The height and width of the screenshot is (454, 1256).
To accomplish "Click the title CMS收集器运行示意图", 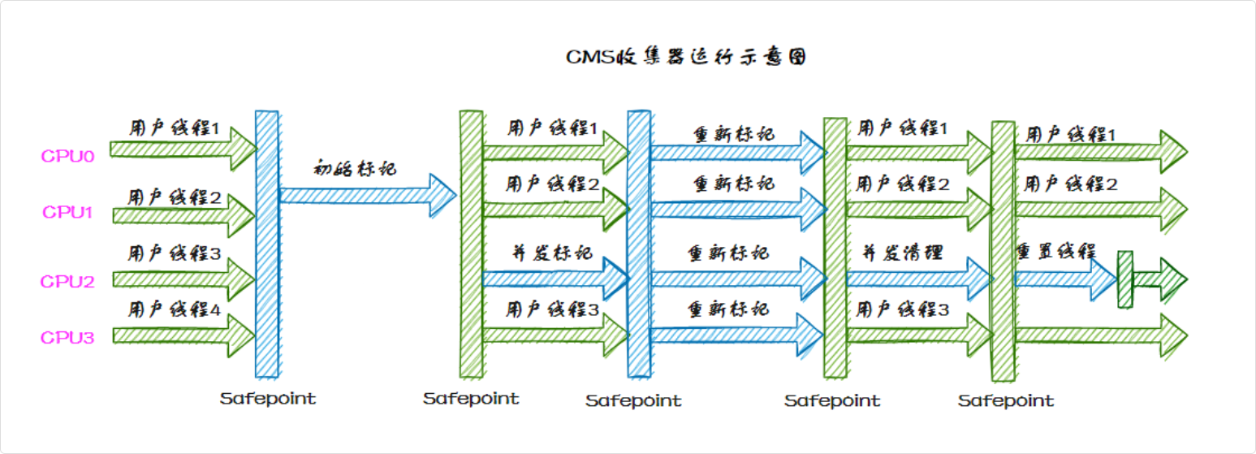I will click(x=686, y=58).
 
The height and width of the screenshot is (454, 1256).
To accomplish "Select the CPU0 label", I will click(x=68, y=155).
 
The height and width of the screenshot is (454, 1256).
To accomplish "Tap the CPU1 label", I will click(x=68, y=213).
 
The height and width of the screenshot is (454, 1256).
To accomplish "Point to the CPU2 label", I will click(x=68, y=282).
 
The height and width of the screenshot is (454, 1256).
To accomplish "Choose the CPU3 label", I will click(x=68, y=338).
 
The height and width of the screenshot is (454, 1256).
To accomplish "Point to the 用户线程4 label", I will click(x=175, y=309).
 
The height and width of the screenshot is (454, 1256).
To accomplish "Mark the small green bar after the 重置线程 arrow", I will click(x=1125, y=279).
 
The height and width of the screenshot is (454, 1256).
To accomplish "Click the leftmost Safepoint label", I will click(x=268, y=399).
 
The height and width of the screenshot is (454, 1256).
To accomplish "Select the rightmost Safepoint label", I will click(x=1006, y=400).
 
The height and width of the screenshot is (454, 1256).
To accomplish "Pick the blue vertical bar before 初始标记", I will click(x=267, y=244).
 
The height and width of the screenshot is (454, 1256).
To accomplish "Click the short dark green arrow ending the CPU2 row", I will click(x=1160, y=279).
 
